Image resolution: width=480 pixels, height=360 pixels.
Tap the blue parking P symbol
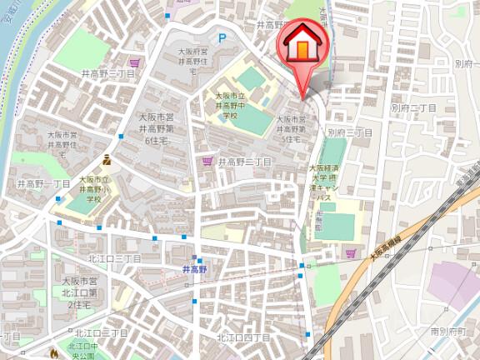pyautogui.click(x=222, y=37)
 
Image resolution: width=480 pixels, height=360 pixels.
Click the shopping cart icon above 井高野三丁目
pyautogui.click(x=135, y=62)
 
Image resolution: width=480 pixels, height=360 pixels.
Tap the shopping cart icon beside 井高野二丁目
pyautogui.click(x=207, y=162)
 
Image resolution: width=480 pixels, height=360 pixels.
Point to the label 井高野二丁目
pyautogui.click(x=245, y=162)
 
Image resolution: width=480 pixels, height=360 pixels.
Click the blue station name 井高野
pyautogui.click(x=194, y=269)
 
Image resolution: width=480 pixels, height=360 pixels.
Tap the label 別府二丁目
pyautogui.click(x=414, y=108)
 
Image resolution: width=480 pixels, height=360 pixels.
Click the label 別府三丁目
pyautogui.click(x=349, y=132)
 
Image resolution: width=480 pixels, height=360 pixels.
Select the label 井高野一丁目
pyautogui.click(x=44, y=182)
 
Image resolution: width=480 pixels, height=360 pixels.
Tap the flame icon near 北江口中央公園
pyautogui.click(x=55, y=353)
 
